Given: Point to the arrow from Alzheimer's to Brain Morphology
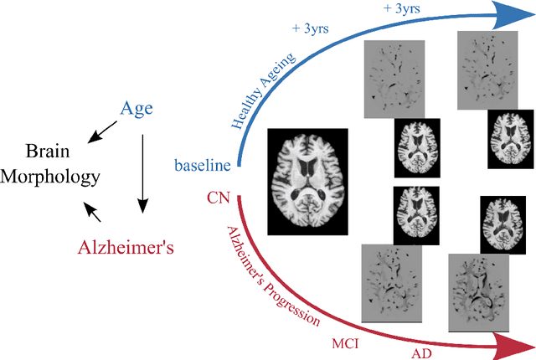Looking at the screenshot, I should click(93, 210).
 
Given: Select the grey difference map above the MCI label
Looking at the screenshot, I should click(391, 283).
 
